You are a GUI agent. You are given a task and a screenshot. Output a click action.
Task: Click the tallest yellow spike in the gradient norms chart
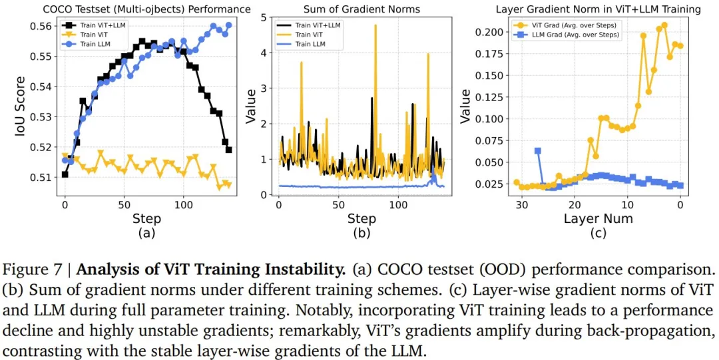click(x=375, y=26)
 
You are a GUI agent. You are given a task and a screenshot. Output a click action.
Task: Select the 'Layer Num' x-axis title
click(x=598, y=218)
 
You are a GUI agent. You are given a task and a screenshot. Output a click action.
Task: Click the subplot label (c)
click(x=598, y=234)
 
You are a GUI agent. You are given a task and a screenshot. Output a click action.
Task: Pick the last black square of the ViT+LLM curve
click(x=229, y=150)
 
